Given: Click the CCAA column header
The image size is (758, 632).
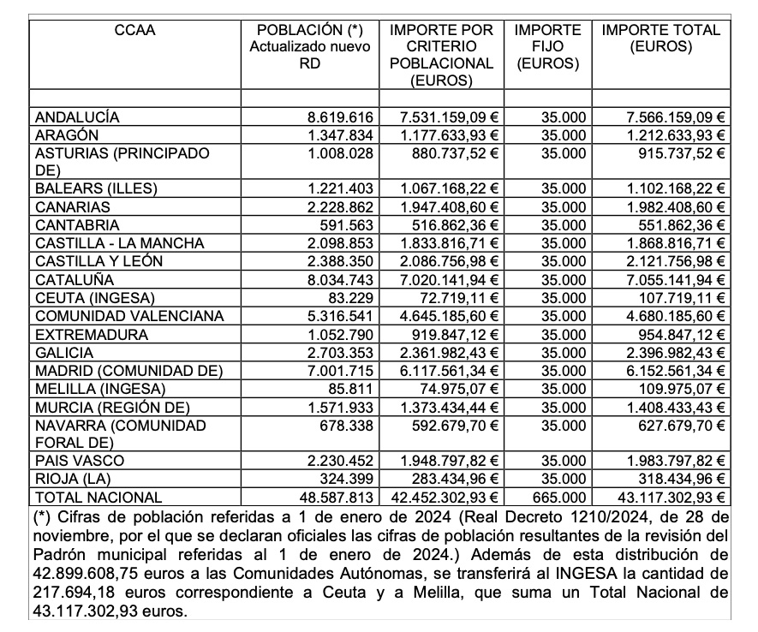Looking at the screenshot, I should (134, 31).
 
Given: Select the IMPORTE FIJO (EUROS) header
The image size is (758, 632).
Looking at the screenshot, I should (547, 47).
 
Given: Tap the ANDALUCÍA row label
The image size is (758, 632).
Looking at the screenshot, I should (77, 117).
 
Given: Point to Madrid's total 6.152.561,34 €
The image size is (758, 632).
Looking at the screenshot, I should (673, 370).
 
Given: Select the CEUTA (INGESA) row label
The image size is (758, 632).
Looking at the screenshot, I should (95, 297).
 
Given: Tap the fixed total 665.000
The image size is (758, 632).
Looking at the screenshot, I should (561, 497).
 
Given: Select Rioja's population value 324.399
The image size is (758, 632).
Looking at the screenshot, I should (348, 479).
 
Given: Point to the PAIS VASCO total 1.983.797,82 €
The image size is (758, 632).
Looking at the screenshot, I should (673, 461).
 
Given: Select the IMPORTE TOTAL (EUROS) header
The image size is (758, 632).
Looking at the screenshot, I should (660, 39).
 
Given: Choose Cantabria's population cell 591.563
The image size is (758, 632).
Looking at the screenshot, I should (348, 225).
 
